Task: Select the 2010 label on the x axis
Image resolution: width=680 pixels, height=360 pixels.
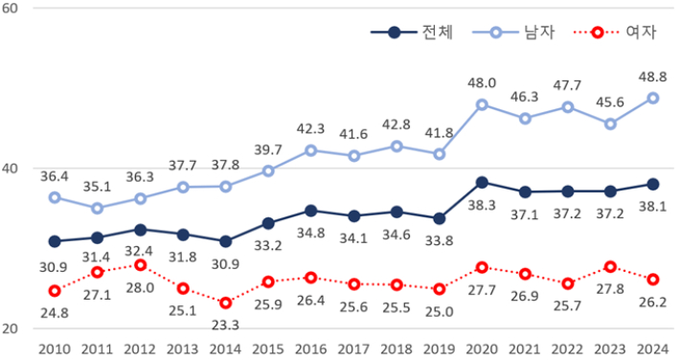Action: click(55, 348)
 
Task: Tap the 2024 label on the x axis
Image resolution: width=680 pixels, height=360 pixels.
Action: click(652, 348)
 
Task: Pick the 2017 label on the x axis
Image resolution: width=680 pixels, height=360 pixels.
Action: click(353, 348)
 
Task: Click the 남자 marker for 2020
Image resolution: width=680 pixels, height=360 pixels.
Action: click(482, 104)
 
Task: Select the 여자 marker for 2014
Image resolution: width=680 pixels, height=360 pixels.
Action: click(225, 303)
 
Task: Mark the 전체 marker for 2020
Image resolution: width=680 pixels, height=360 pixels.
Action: click(482, 182)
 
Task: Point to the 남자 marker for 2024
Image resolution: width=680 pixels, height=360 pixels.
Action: click(652, 98)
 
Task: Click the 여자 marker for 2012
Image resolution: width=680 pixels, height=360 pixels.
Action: click(140, 264)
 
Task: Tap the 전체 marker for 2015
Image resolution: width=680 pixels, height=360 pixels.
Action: click(268, 223)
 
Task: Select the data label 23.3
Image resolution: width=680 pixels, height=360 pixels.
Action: click(225, 324)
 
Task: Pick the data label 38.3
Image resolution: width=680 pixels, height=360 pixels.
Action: click(482, 204)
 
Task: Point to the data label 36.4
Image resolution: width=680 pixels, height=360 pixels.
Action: click(55, 176)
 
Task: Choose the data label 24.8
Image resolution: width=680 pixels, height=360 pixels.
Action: click(55, 311)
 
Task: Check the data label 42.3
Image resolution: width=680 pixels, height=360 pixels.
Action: click(311, 128)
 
